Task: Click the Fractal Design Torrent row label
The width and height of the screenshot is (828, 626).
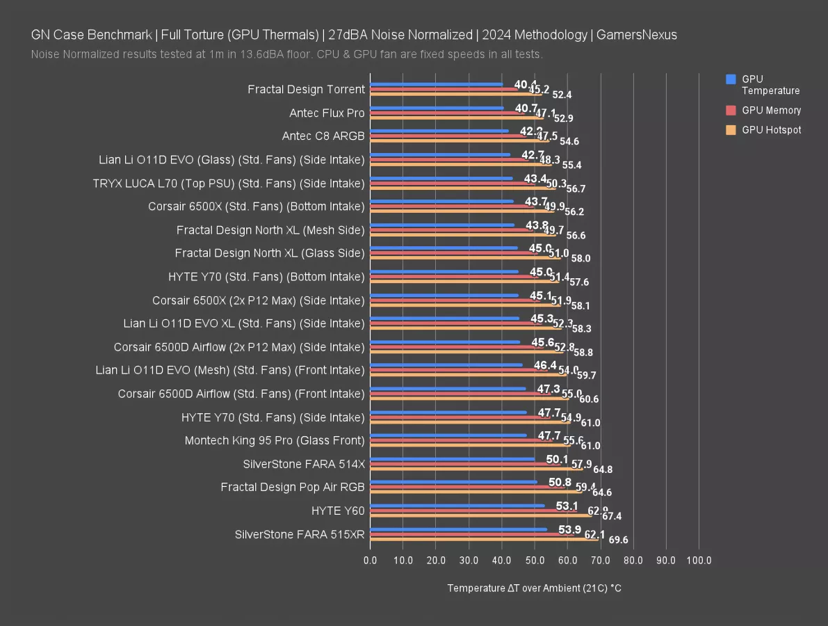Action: point(306,89)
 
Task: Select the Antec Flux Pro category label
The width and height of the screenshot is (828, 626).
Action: point(327,113)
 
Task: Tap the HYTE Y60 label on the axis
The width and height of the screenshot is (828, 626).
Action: point(338,511)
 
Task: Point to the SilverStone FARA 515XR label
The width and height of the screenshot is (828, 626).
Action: point(300,534)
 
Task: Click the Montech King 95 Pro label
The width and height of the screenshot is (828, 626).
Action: point(275,440)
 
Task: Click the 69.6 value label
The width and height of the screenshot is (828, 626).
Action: point(618,540)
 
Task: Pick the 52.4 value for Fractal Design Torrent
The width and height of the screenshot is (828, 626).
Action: point(562,95)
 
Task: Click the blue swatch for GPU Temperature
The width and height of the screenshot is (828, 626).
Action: point(731,79)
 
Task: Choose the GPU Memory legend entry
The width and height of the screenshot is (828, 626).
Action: point(771,110)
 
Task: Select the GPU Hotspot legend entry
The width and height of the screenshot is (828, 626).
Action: point(771,130)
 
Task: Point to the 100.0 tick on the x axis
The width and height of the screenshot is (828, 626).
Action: point(699,560)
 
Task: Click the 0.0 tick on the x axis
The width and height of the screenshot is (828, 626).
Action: point(371,560)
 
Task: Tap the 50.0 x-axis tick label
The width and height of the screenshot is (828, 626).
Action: point(535,560)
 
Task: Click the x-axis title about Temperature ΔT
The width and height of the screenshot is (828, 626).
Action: point(534,588)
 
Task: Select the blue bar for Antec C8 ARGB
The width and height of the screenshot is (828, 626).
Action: point(439,130)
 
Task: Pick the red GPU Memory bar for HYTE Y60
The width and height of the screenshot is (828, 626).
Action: point(473,511)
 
